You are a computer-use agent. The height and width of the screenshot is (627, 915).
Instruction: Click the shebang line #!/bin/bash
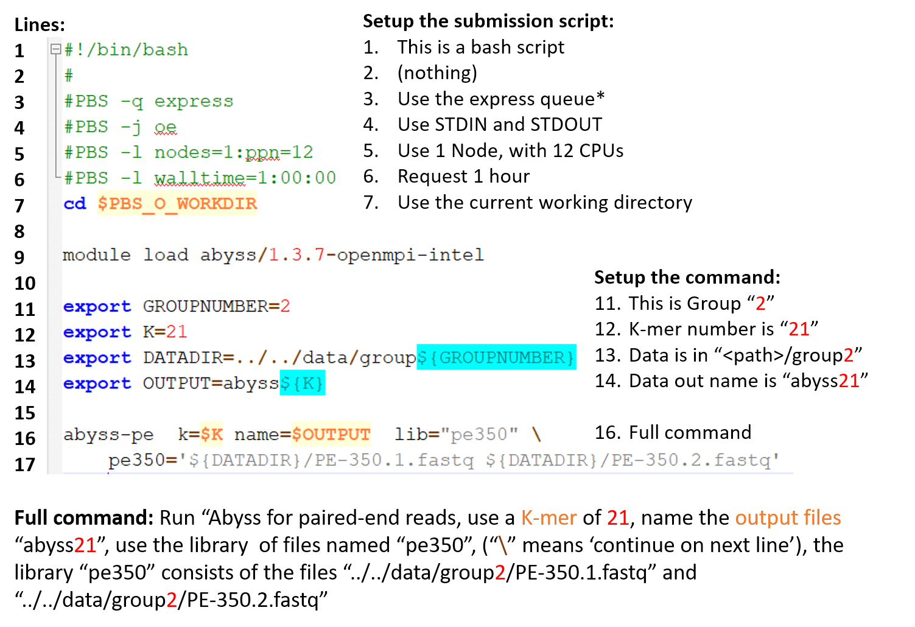tap(126, 51)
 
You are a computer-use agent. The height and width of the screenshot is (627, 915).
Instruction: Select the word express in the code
tap(194, 102)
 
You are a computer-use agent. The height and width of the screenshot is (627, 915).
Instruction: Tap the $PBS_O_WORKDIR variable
tap(177, 203)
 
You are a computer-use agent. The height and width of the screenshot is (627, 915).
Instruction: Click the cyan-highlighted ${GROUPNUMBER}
tap(496, 357)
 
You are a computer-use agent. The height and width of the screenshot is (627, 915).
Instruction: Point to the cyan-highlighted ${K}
tap(303, 383)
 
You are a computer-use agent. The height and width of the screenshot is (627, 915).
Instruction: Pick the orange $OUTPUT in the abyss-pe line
tap(331, 434)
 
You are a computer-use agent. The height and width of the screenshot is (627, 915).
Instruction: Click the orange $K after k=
tap(212, 434)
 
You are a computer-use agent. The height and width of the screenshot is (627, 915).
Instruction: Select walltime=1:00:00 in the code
tap(245, 178)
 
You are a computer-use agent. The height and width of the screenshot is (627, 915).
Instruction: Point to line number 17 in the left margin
tap(25, 465)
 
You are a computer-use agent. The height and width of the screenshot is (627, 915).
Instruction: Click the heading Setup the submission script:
tap(488, 21)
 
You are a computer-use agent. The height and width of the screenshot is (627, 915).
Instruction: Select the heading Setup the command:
tap(687, 278)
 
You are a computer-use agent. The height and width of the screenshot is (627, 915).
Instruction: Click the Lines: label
tap(40, 25)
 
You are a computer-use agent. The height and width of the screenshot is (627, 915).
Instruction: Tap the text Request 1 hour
tap(464, 177)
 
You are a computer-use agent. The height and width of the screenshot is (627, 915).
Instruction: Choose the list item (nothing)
tap(438, 73)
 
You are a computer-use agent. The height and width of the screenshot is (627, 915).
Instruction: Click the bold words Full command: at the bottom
tap(84, 518)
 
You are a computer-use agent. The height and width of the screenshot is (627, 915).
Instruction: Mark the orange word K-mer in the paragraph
tap(549, 518)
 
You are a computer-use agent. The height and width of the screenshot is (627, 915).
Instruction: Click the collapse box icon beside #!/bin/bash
tap(55, 49)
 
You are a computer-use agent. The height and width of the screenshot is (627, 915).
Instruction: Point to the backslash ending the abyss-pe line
tap(537, 434)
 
